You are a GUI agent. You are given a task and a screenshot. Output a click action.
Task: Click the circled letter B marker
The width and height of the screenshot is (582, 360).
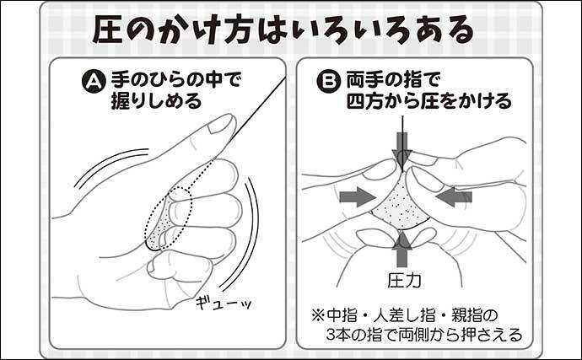328,82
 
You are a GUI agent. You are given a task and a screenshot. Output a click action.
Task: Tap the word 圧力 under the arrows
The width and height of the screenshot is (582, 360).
404,281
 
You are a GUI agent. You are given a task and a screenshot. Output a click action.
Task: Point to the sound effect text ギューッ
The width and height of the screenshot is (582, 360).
224,303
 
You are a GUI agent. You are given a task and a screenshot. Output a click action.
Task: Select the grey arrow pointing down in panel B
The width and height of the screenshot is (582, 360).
402,149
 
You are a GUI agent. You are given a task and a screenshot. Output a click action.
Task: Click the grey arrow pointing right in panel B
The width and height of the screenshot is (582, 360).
357,196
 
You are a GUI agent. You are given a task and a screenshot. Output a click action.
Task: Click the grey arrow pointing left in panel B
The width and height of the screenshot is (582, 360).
455,196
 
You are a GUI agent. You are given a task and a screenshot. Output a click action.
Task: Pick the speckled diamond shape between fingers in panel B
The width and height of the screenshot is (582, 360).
399,205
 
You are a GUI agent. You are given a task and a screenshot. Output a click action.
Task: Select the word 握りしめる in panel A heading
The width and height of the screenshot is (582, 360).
156,101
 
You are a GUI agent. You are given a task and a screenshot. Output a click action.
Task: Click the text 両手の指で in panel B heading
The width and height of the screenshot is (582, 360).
393,81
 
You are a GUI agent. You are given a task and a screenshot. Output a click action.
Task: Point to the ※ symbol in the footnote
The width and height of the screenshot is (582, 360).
318,316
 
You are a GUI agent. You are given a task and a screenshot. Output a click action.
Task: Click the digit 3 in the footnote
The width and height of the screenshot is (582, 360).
331,336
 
